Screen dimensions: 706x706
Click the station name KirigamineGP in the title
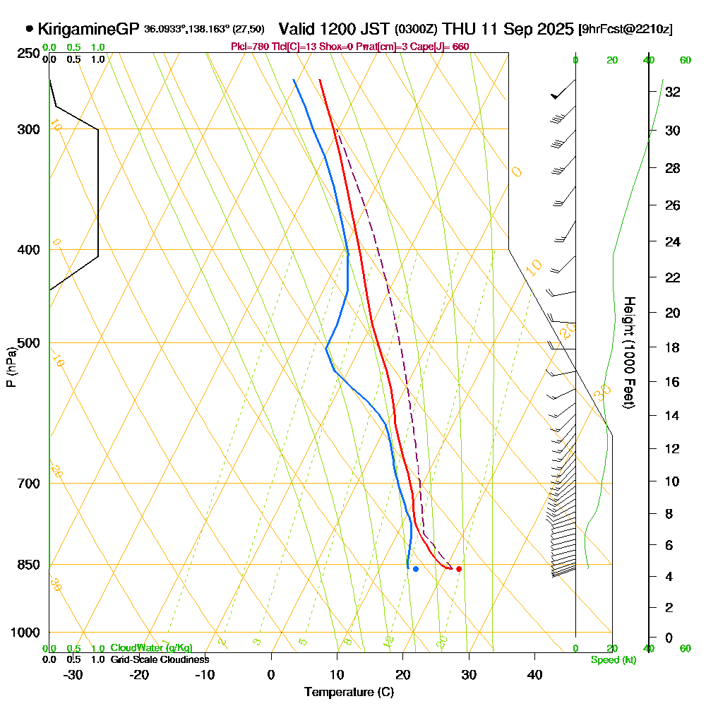pyautogui.click(x=88, y=29)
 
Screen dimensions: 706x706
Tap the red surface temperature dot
pyautogui.click(x=459, y=568)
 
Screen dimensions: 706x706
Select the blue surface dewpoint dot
pyautogui.click(x=416, y=568)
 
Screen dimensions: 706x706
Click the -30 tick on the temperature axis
pyautogui.click(x=73, y=675)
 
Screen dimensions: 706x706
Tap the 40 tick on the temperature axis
pyautogui.click(x=535, y=675)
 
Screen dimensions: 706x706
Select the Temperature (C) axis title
pyautogui.click(x=349, y=693)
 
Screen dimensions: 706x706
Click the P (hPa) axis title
pyautogui.click(x=11, y=366)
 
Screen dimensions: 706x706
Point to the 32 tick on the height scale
pyautogui.click(x=673, y=92)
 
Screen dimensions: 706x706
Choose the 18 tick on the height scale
pyautogui.click(x=673, y=347)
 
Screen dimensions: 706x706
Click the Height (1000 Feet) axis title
pyautogui.click(x=628, y=352)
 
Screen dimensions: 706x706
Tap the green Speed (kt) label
pyautogui.click(x=611, y=660)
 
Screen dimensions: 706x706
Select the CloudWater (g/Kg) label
pyautogui.click(x=151, y=648)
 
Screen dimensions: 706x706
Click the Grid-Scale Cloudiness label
pyautogui.click(x=160, y=659)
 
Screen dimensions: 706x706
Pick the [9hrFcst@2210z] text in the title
pyautogui.click(x=625, y=30)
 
